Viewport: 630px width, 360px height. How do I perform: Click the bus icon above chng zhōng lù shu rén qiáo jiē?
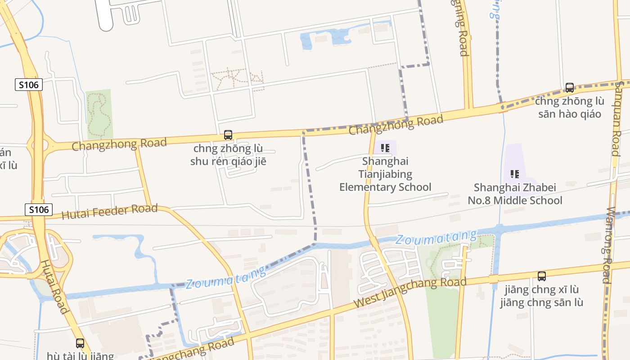228,135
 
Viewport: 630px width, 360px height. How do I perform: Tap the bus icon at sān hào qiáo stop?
570,88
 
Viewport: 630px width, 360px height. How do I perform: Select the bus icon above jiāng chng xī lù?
542,276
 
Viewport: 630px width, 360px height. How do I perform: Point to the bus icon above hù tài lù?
80,343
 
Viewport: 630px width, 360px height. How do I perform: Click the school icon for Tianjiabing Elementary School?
385,148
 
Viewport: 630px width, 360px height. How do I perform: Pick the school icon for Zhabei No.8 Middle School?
515,174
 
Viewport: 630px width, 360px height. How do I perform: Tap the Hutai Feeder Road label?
109,211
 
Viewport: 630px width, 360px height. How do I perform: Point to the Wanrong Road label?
611,245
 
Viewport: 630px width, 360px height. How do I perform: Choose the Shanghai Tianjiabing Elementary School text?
385,174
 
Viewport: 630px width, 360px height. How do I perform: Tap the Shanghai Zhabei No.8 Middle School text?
515,194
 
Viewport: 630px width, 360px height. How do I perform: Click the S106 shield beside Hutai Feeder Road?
39,209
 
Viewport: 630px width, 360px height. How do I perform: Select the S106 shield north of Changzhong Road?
29,84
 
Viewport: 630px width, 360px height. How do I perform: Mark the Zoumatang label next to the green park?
436,237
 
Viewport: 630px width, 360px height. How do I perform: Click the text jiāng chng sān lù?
541,302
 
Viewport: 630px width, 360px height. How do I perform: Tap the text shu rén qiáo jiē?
228,161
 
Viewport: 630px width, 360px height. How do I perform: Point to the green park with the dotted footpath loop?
99,113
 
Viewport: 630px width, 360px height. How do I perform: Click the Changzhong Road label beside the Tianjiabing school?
396,124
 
